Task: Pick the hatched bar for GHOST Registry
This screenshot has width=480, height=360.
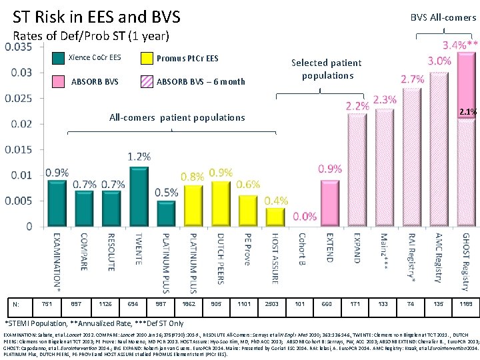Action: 466,140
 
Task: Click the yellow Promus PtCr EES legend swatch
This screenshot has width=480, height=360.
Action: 147,58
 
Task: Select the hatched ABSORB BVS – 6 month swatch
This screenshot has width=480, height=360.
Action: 147,82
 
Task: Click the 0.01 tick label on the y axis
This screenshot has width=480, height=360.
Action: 22,175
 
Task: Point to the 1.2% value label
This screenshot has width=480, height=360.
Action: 139,156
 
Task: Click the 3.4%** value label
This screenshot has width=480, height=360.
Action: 459,45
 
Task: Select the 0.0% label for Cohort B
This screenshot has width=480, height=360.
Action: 304,216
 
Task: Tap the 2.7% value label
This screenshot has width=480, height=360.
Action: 413,79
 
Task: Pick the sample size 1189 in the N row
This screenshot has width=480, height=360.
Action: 465,304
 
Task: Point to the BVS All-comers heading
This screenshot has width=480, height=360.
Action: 443,17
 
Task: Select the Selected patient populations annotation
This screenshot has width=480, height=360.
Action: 327,69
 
